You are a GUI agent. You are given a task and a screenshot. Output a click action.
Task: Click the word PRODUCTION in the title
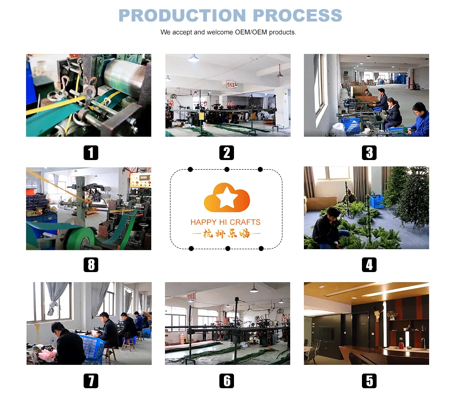(x=182, y=15)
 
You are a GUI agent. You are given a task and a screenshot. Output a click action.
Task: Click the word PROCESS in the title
(x=298, y=15)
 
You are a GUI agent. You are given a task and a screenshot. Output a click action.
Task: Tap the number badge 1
(x=90, y=152)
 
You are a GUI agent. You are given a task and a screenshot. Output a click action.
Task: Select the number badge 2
(x=226, y=152)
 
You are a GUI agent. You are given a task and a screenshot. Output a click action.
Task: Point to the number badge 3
(x=369, y=152)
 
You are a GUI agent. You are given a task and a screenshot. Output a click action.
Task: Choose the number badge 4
(x=369, y=264)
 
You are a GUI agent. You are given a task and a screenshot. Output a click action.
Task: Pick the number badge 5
(x=369, y=380)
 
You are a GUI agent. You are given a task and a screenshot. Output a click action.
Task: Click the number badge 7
(x=90, y=380)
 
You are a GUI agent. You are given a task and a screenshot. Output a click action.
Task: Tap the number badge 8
(x=90, y=264)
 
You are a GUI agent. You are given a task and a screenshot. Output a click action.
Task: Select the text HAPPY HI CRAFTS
(x=225, y=222)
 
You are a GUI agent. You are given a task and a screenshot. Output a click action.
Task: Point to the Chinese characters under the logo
(x=226, y=234)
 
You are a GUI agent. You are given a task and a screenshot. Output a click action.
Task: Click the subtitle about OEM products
(x=228, y=32)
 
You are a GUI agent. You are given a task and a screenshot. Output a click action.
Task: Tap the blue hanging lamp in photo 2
(x=193, y=58)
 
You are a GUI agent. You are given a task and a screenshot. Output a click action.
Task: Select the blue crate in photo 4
(x=376, y=201)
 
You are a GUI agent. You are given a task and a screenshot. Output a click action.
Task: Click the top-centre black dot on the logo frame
(x=227, y=169)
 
